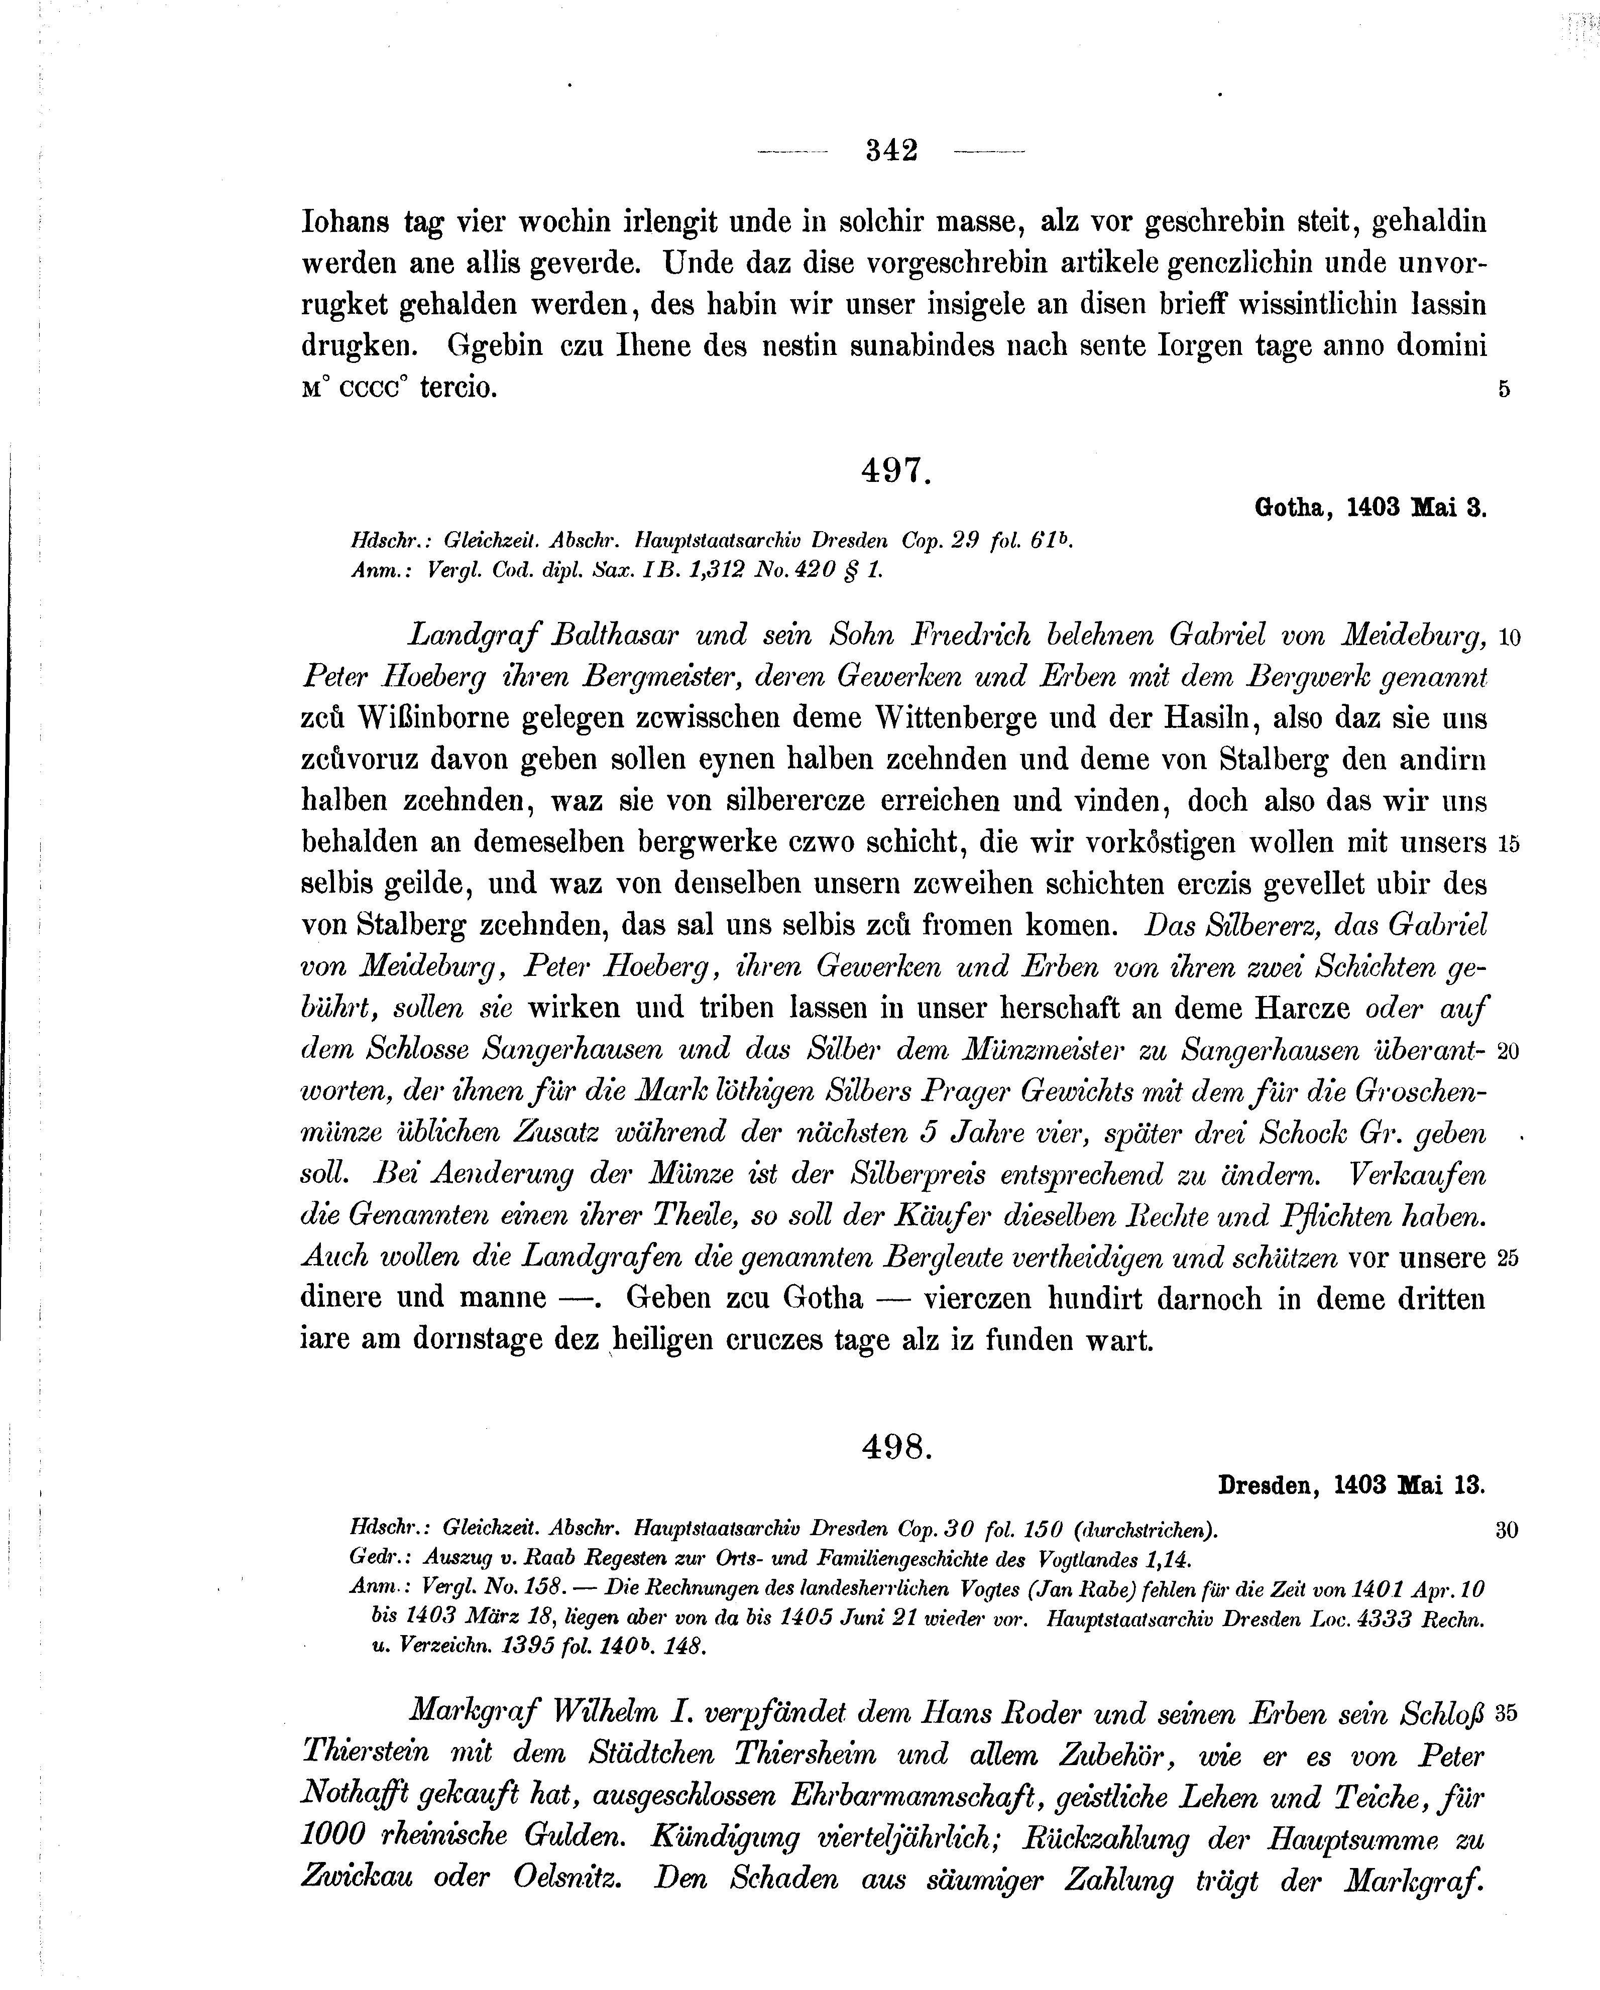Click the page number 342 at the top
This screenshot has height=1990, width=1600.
coord(892,151)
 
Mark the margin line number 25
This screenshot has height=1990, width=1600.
coord(1509,1258)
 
